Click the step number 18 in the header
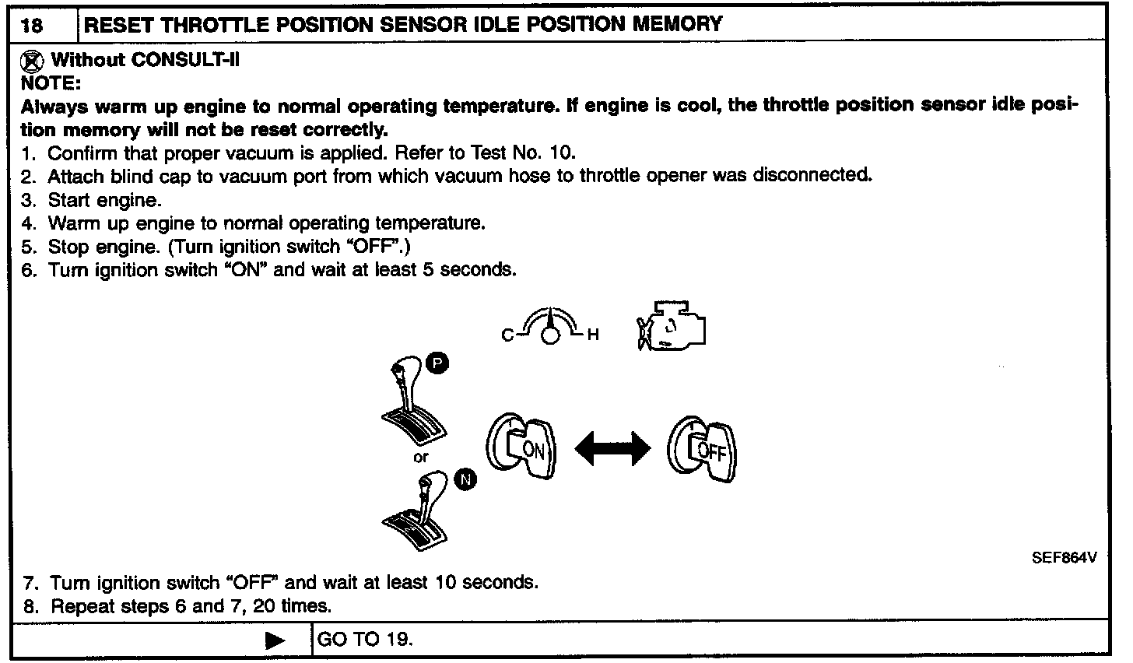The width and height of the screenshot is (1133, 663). (33, 26)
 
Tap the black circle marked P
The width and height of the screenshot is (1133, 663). (437, 363)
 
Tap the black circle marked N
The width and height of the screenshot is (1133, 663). (465, 480)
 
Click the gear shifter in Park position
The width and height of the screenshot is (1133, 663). (411, 405)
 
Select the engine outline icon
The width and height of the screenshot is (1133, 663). (672, 324)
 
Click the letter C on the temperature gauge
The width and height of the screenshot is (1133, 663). (507, 335)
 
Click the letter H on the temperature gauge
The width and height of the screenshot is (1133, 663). (593, 335)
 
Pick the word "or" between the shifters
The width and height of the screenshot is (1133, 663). (420, 458)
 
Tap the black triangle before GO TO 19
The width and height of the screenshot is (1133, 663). (275, 640)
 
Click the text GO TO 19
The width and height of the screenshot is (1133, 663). (365, 640)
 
